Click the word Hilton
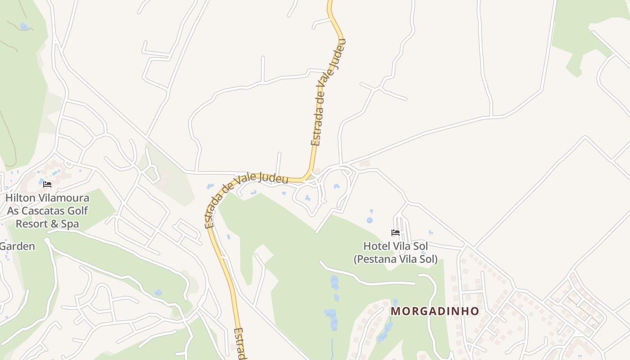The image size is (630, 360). click(18, 198)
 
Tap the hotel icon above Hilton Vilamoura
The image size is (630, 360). click(47, 184)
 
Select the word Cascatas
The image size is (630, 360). click(44, 211)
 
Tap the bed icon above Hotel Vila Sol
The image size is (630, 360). click(396, 233)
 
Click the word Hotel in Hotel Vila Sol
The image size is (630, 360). click(377, 246)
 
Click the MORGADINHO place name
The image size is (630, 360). click(435, 311)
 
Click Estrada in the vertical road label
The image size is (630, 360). click(317, 125)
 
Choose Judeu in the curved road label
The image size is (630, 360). click(274, 179)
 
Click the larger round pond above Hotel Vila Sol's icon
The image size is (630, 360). click(369, 220)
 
